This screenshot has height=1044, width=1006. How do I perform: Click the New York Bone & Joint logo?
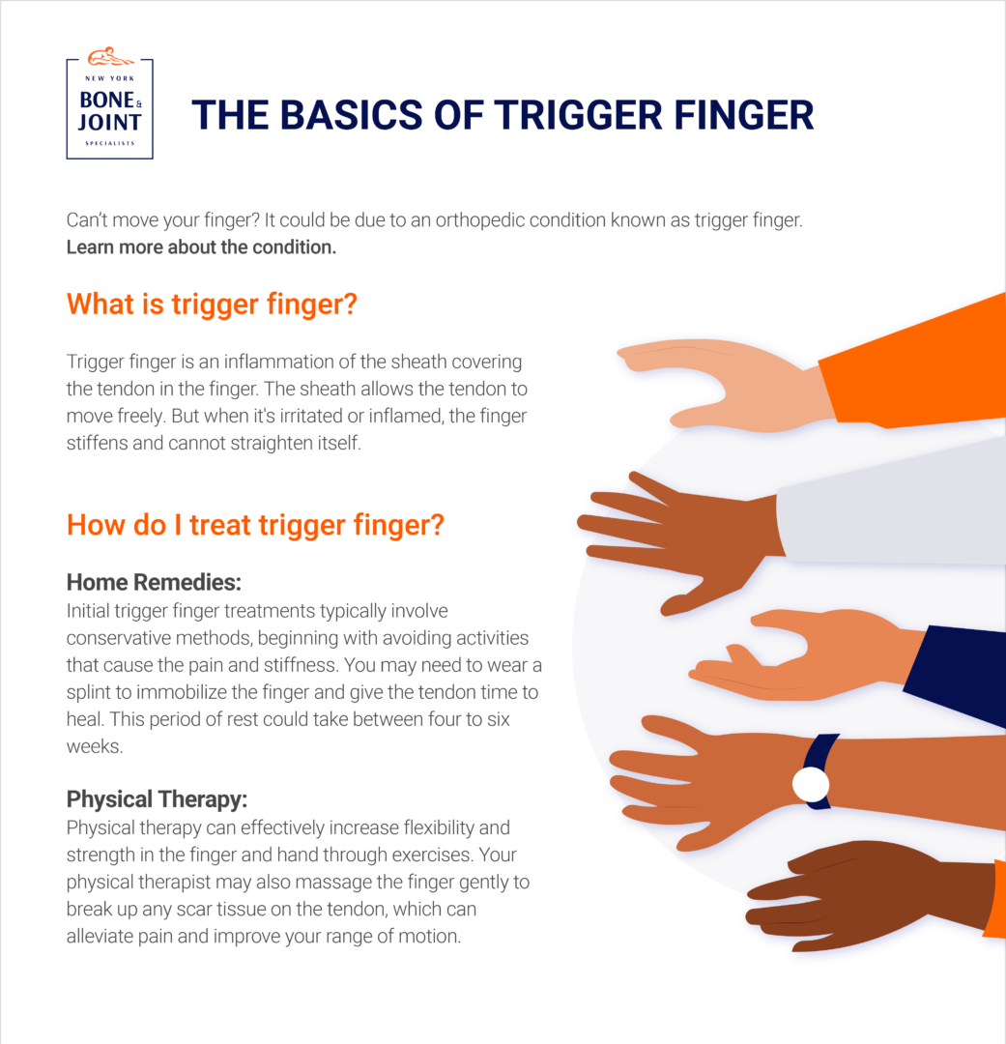109,109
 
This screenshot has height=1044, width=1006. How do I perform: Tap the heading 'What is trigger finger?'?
212,304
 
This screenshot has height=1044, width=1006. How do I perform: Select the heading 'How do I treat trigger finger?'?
255,526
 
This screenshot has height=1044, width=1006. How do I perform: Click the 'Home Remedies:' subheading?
153,583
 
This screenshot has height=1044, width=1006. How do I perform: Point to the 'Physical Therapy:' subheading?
157,799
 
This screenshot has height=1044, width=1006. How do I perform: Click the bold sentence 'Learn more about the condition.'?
201,246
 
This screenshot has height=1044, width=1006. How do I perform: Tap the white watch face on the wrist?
811,784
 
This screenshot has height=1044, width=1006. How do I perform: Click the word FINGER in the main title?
733,115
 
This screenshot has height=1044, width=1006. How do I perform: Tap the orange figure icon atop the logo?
109,55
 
